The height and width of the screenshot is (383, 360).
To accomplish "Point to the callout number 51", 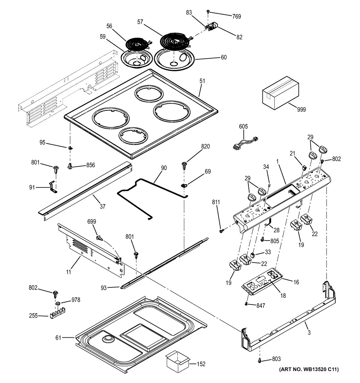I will (202, 81).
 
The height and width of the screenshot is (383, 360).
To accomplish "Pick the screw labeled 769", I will (208, 12).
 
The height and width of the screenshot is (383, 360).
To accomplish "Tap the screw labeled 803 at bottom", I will (260, 360).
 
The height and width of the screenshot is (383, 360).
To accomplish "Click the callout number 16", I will (296, 282).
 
